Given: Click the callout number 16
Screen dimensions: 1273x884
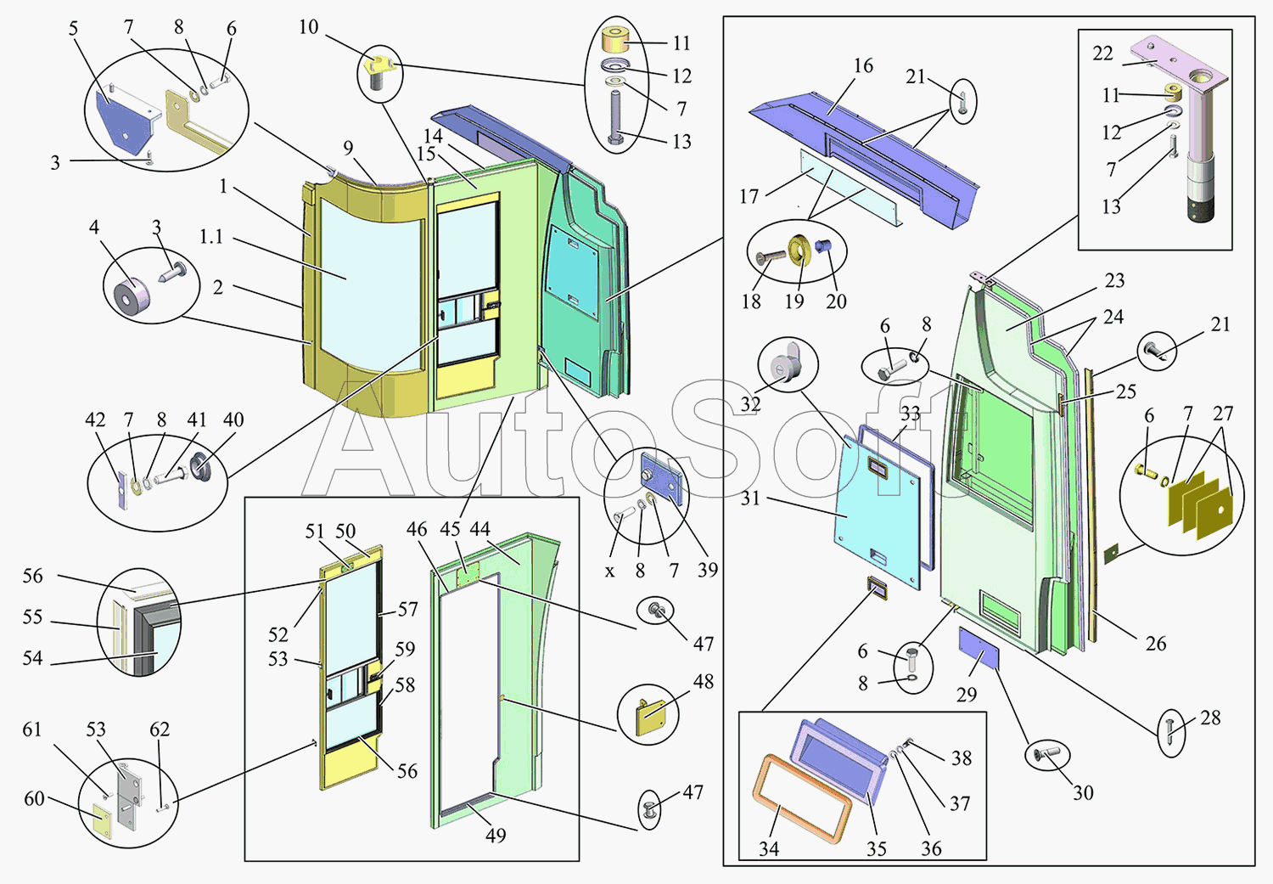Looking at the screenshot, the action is point(863,66).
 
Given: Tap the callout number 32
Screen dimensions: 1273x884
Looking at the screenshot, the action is point(750,404).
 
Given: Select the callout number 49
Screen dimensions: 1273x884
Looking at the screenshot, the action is point(496,836).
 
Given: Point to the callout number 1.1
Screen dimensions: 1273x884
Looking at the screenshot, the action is point(211,237).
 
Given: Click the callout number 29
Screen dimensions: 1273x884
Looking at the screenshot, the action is point(967,695).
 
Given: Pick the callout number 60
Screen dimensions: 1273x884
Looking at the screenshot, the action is point(34,798).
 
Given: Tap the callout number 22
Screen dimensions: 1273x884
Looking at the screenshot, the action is point(1102,53).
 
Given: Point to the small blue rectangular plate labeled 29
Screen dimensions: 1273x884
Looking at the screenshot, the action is point(979,647).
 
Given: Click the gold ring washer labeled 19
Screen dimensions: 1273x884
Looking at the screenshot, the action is point(799,251).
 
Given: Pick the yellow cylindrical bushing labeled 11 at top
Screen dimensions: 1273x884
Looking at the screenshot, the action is point(615,41).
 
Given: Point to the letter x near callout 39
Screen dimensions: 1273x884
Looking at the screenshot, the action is point(609,572).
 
